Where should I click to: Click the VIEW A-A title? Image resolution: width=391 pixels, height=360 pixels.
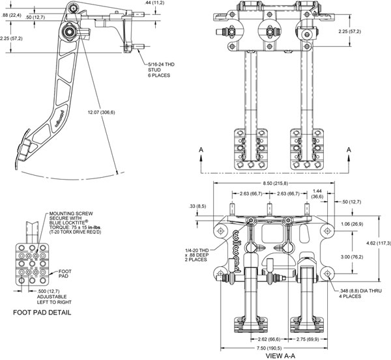pyautogui.click(x=281, y=355)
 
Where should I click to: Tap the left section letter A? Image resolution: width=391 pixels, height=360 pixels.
pyautogui.click(x=202, y=150)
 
